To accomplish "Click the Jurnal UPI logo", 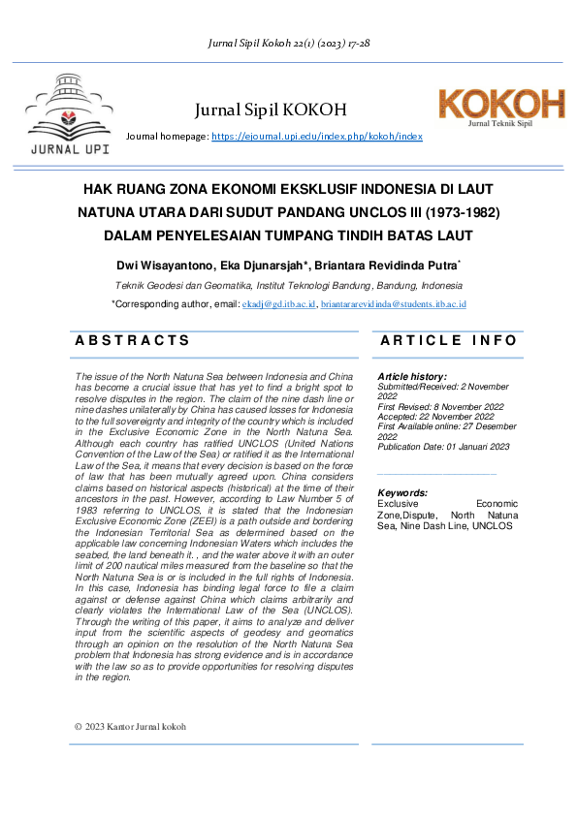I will point(69,114).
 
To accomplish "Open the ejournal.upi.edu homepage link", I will point(317,137).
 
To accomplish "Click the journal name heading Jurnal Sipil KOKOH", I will point(271,110).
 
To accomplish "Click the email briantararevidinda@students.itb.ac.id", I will point(394,304).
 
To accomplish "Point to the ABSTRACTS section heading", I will point(133,340).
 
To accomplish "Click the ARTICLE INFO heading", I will point(449,340).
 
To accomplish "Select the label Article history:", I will point(412,376).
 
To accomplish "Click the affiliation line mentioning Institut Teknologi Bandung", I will point(288,286).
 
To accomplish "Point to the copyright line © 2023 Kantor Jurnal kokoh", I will point(130,726).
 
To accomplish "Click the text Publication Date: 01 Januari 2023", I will point(443,447).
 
